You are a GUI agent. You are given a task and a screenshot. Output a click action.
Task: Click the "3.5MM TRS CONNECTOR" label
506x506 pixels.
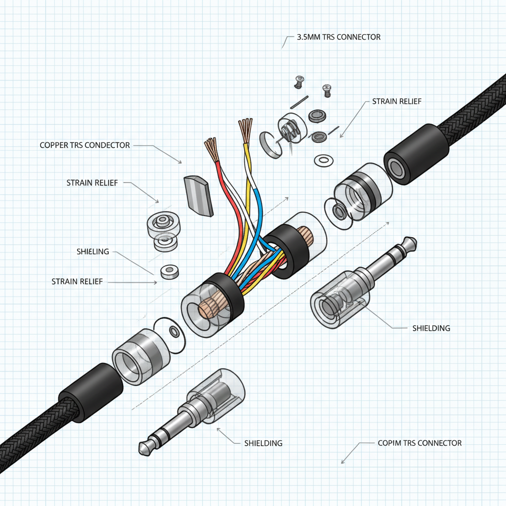pyautogui.click(x=338, y=37)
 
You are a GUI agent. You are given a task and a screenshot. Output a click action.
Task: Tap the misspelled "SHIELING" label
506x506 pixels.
pyautogui.click(x=93, y=252)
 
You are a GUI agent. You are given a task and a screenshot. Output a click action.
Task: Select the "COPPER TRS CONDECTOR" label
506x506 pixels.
pyautogui.click(x=84, y=145)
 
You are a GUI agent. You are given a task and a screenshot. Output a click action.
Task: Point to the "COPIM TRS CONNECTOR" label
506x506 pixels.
pyautogui.click(x=419, y=443)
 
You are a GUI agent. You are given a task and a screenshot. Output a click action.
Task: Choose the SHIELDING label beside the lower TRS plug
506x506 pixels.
pyautogui.click(x=263, y=443)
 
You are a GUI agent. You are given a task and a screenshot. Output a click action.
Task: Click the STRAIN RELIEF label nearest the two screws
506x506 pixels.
pyautogui.click(x=397, y=101)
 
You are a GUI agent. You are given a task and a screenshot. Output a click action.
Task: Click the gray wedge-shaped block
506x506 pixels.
pyautogui.click(x=199, y=195)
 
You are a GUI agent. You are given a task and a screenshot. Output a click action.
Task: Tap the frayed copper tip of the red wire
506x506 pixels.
pyautogui.click(x=211, y=149)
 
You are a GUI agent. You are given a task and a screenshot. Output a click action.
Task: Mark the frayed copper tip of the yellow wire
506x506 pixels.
pyautogui.click(x=245, y=129)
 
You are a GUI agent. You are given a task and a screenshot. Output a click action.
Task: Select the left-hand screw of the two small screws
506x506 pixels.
pyautogui.click(x=298, y=82)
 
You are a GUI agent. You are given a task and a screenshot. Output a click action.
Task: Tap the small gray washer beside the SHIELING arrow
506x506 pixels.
pyautogui.click(x=169, y=271)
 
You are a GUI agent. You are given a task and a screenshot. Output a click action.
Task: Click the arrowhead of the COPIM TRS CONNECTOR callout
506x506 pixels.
pyautogui.click(x=342, y=463)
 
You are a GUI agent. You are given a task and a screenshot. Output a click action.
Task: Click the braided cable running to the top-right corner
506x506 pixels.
pyautogui.click(x=474, y=106)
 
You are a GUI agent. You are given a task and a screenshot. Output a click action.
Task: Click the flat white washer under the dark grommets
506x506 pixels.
pyautogui.click(x=323, y=160)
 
